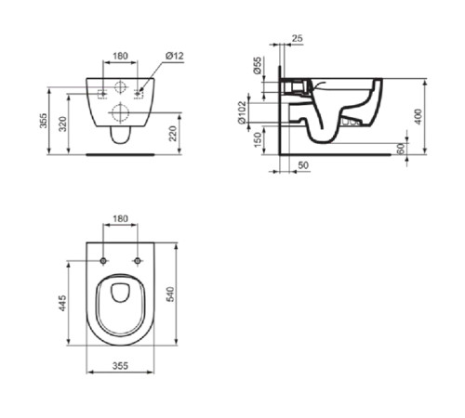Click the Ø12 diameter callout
pos(174,56)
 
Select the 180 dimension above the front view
pos(120,56)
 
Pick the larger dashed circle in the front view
pos(119,112)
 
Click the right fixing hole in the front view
pos(140,92)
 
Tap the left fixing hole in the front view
pos(100,92)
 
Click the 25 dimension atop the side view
pos(297,38)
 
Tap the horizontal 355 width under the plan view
pos(120,366)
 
